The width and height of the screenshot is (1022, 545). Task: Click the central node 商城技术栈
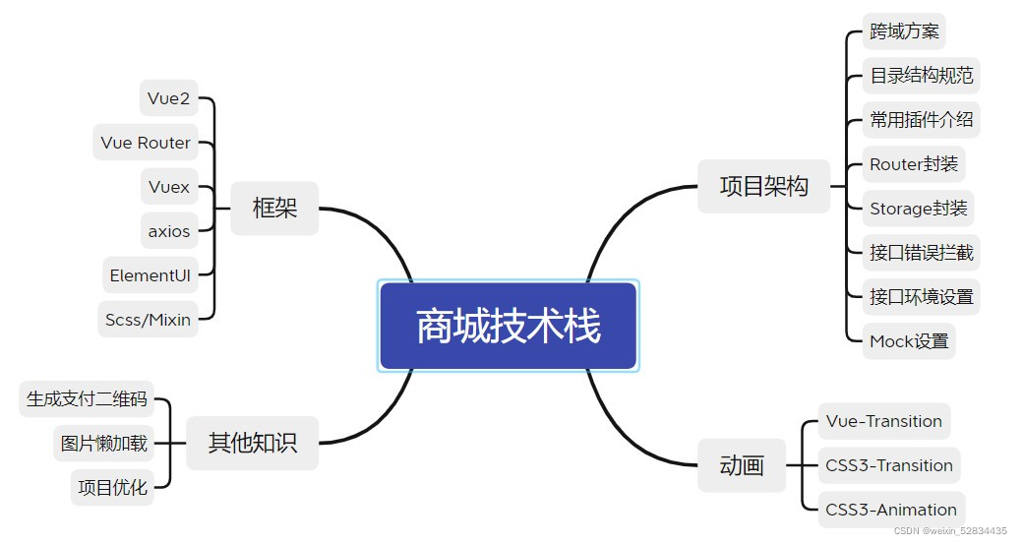508,326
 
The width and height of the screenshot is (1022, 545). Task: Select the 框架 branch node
274,208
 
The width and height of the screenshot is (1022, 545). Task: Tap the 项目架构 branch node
763,186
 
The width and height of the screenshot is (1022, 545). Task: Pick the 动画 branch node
742,465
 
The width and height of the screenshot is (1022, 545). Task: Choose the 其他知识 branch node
252,443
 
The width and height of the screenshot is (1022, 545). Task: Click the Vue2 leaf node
168,97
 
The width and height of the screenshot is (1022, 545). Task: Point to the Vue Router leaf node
146,143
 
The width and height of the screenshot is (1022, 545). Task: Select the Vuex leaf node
169,187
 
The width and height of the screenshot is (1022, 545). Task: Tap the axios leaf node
169,231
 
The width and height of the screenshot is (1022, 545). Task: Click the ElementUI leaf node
150,275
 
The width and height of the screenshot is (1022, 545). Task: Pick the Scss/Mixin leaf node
149,319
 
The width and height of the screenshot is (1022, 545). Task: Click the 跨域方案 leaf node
904,30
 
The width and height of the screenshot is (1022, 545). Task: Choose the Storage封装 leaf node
918,208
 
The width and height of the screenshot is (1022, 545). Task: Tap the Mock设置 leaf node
909,341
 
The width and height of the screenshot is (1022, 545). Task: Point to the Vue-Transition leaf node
883,421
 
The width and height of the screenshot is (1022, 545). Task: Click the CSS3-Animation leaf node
891,510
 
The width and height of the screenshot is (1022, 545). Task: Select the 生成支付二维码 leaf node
87,398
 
